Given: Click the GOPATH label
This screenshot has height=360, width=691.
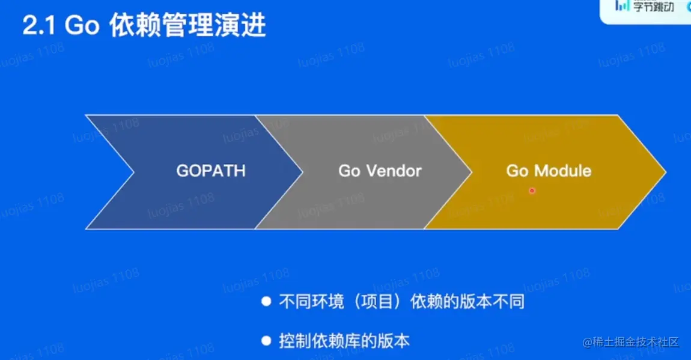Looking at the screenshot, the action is [211, 171].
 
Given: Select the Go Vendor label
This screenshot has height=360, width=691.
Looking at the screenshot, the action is [380, 171].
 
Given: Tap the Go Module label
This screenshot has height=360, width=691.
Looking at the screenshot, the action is [549, 171].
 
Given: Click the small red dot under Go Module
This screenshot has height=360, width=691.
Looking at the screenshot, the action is [532, 191].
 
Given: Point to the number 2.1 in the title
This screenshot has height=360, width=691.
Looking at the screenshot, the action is [39, 26].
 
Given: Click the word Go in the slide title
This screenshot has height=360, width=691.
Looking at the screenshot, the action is [82, 26].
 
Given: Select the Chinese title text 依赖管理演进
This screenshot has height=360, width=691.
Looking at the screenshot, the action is [187, 25].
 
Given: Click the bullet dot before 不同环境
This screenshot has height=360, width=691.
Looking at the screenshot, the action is [266, 301].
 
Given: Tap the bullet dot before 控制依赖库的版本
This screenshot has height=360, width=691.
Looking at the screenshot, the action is [266, 341].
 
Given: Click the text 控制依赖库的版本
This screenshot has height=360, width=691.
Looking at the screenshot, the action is [344, 341].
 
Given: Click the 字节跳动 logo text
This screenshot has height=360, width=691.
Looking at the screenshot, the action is [654, 7].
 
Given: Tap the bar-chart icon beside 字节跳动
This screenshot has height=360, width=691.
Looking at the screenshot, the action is [623, 5].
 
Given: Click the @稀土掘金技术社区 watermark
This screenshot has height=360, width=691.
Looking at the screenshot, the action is [631, 342].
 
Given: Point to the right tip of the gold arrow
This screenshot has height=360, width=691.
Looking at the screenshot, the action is [666, 172].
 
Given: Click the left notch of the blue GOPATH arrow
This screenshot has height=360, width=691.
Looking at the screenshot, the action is [133, 172].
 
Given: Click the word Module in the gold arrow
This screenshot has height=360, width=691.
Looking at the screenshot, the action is [563, 171].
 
